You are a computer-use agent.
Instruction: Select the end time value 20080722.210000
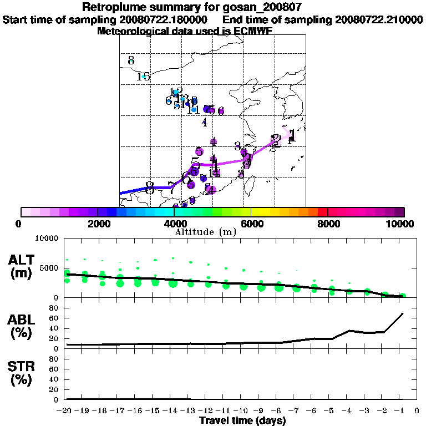379,19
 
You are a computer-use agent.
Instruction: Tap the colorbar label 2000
98,224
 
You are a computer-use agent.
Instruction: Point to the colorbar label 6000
251,224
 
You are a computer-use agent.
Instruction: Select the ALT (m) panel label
23,266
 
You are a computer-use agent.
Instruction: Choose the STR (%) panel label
23,372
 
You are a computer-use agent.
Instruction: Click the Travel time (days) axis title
242,421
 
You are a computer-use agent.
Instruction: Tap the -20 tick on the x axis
67,410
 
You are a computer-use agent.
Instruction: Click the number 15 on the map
143,77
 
